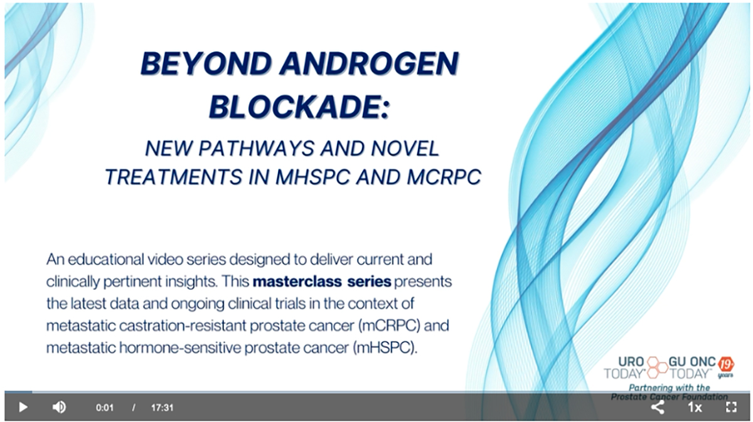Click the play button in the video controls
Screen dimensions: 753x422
coord(23,407)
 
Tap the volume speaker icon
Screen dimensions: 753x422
coord(59,407)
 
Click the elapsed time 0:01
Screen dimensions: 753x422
coord(105,408)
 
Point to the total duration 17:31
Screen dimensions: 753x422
coord(162,408)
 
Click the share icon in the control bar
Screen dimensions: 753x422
coord(658,407)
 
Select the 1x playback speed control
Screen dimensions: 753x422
coord(695,407)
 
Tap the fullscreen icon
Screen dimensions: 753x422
coord(731,407)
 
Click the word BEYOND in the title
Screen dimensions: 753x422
coord(206,63)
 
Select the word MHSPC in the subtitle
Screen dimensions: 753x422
coord(312,177)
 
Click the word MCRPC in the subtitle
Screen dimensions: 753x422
coord(444,177)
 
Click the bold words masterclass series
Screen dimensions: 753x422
coord(322,281)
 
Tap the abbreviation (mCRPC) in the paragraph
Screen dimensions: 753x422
coord(389,325)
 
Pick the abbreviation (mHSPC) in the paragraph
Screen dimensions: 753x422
coord(385,348)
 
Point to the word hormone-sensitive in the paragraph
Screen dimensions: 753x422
coord(179,348)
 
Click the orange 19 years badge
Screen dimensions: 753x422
coord(726,367)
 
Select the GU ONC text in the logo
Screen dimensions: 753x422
coord(692,362)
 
